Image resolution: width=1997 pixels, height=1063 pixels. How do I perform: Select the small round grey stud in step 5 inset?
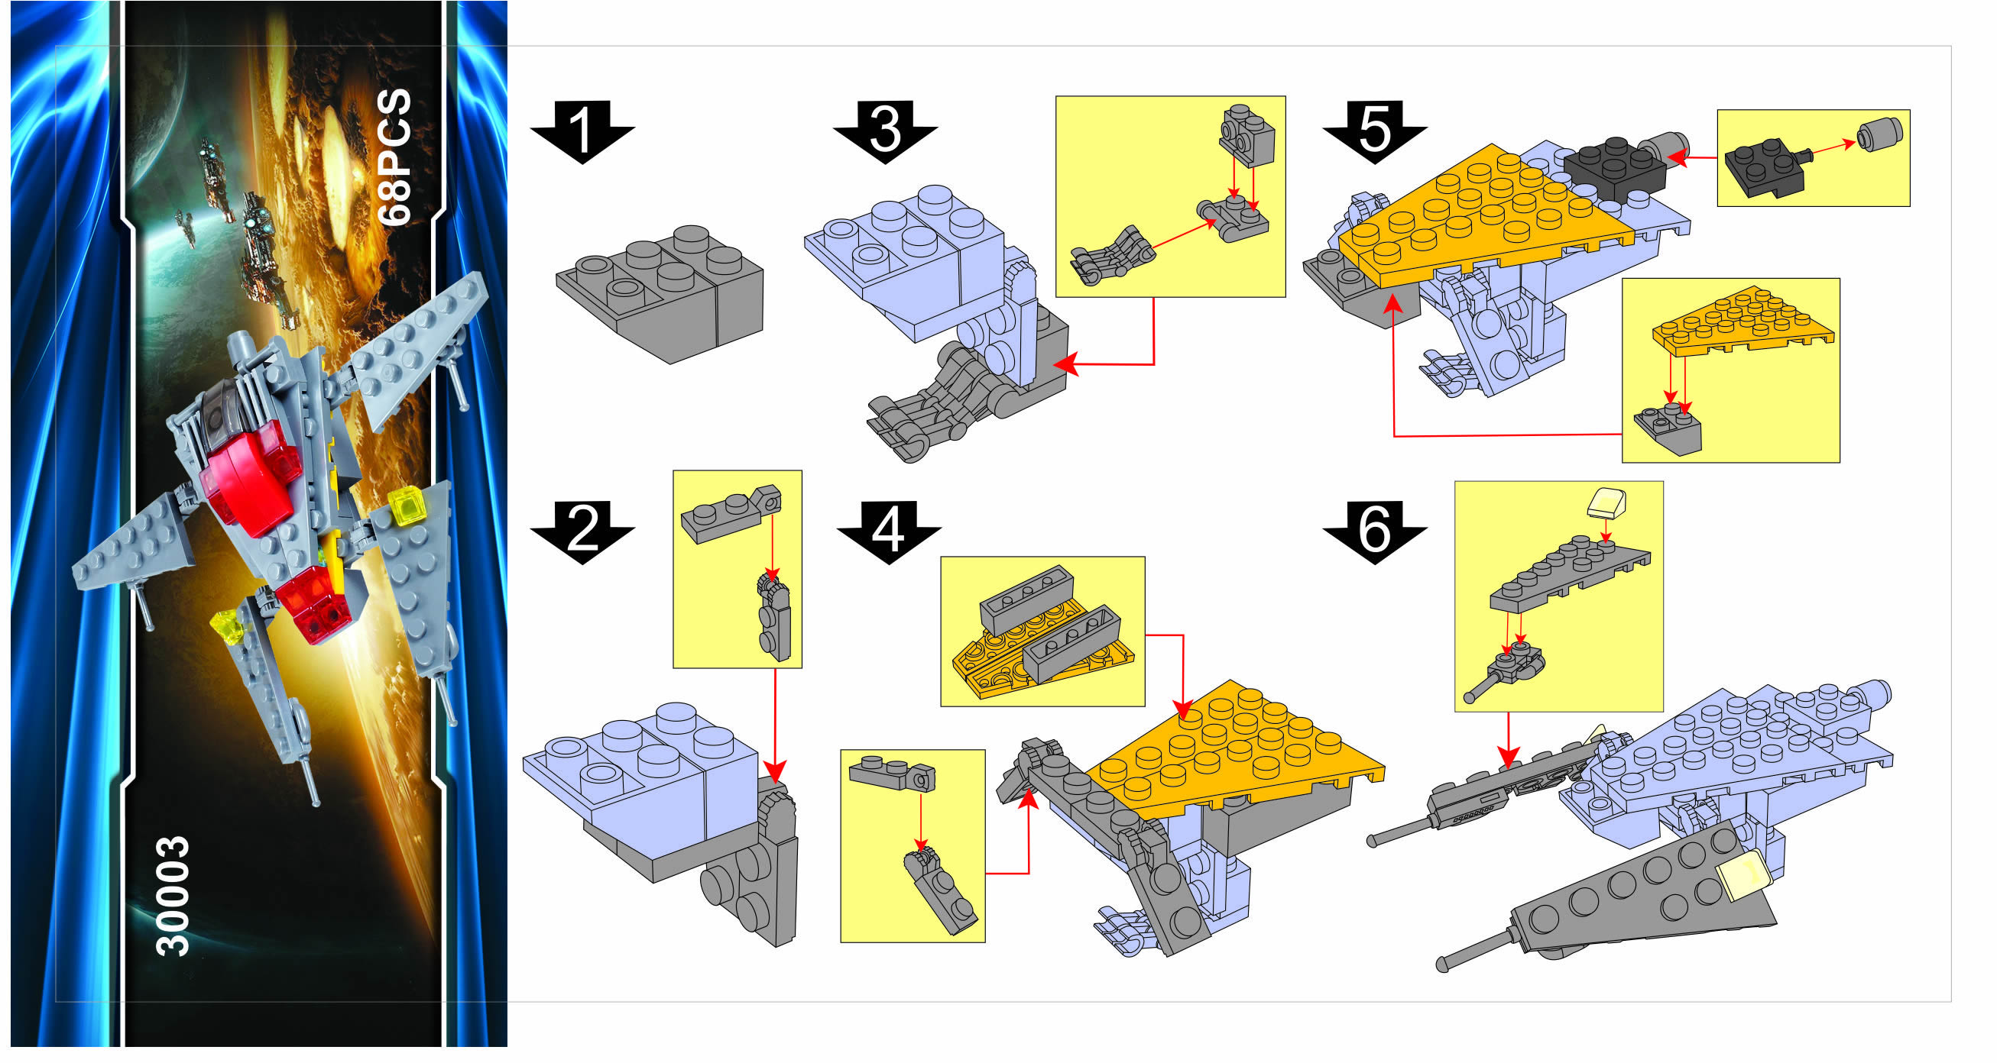point(1881,136)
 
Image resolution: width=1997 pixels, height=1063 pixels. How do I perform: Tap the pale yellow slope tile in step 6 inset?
point(1607,502)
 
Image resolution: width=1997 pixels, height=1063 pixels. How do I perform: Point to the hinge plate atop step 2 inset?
point(731,512)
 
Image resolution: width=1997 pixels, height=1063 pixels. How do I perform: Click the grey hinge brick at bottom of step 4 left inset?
point(940,891)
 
